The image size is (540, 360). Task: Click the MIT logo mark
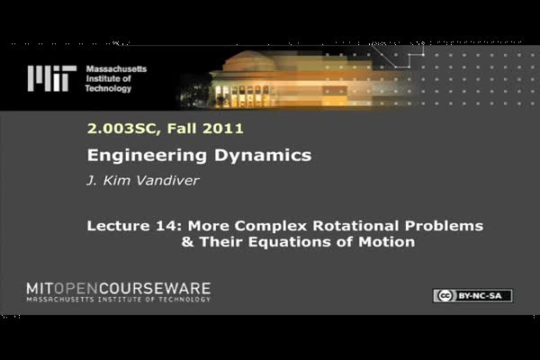pos(52,78)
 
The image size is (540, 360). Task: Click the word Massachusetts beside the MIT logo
pos(116,69)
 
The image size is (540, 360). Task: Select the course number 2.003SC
pos(121,129)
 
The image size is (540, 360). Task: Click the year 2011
pos(223,129)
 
